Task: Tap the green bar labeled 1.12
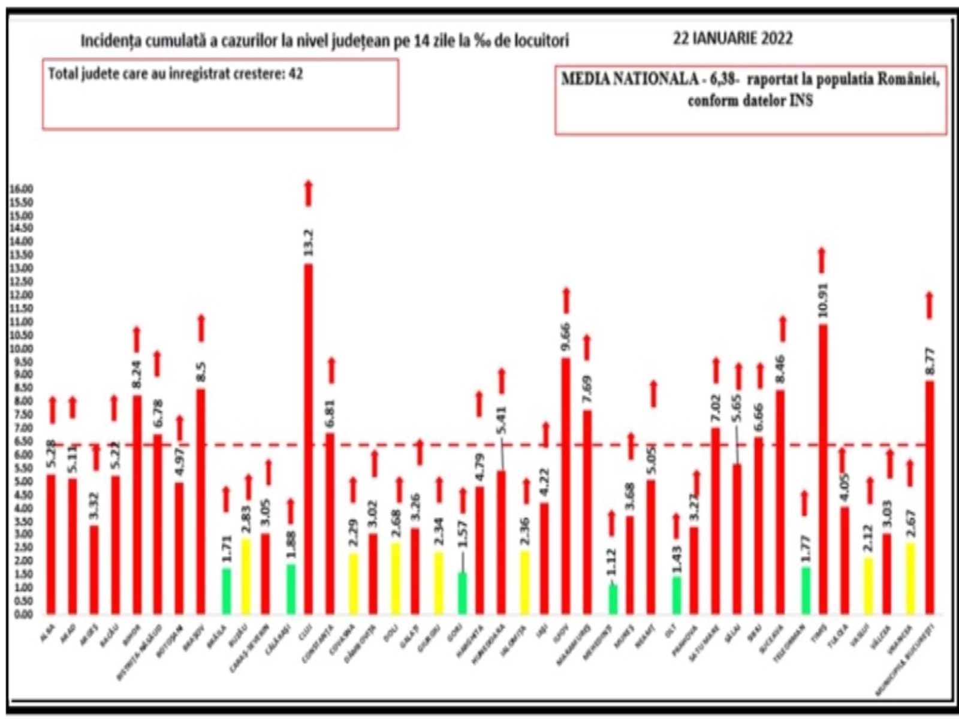click(x=612, y=599)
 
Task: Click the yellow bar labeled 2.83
click(x=245, y=576)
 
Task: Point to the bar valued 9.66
click(x=566, y=485)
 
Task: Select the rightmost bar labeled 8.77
click(x=930, y=497)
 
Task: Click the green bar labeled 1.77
click(x=805, y=590)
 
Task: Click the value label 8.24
click(x=137, y=373)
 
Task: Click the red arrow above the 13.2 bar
click(x=308, y=193)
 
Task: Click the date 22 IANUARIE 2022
click(x=733, y=39)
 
